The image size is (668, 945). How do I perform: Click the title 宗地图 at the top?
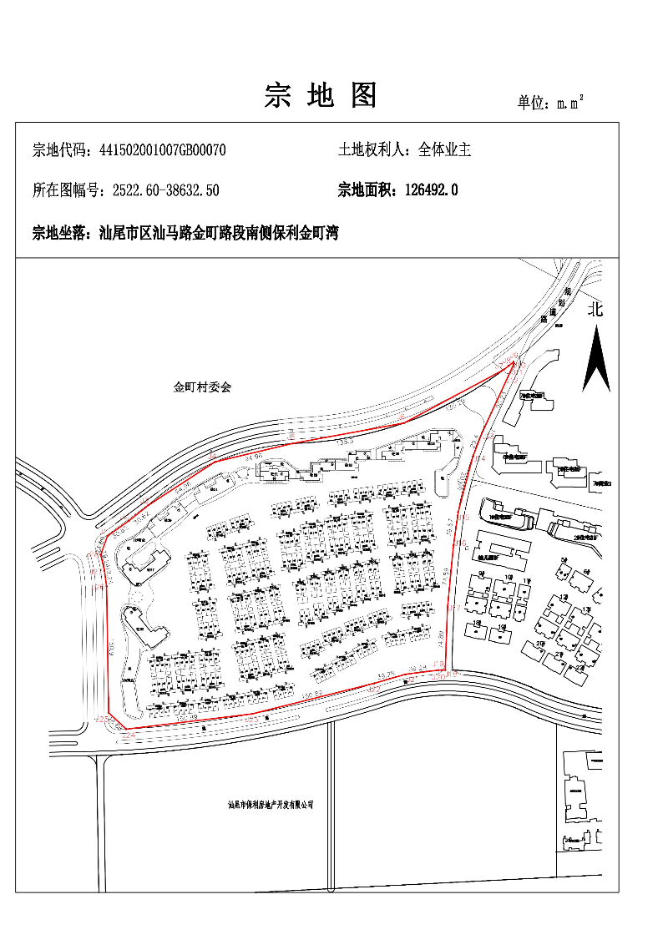pos(321,96)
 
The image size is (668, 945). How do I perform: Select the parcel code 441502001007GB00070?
pos(163,150)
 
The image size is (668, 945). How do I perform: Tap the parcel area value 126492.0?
pos(431,190)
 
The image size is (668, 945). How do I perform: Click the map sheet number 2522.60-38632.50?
pos(165,190)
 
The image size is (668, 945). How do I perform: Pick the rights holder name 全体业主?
pos(445,150)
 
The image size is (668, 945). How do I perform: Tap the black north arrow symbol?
pos(596,359)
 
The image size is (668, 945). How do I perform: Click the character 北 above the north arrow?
pos(595,311)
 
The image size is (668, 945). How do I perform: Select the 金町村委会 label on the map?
pos(201,387)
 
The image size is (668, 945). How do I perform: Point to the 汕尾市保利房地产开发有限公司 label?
pos(271,805)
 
